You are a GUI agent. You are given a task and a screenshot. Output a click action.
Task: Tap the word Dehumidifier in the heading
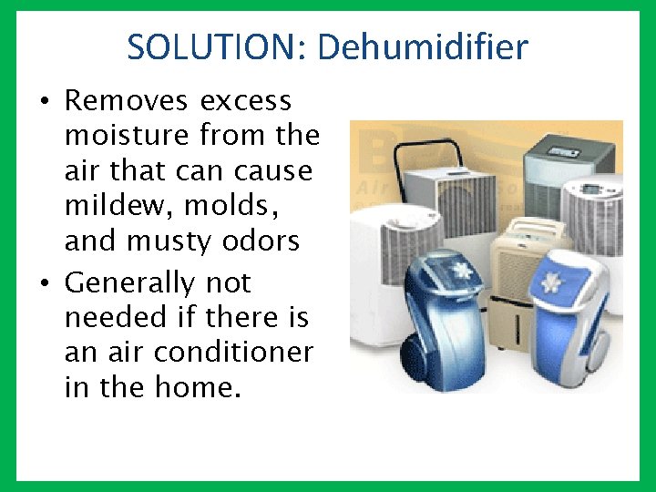[423, 47]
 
